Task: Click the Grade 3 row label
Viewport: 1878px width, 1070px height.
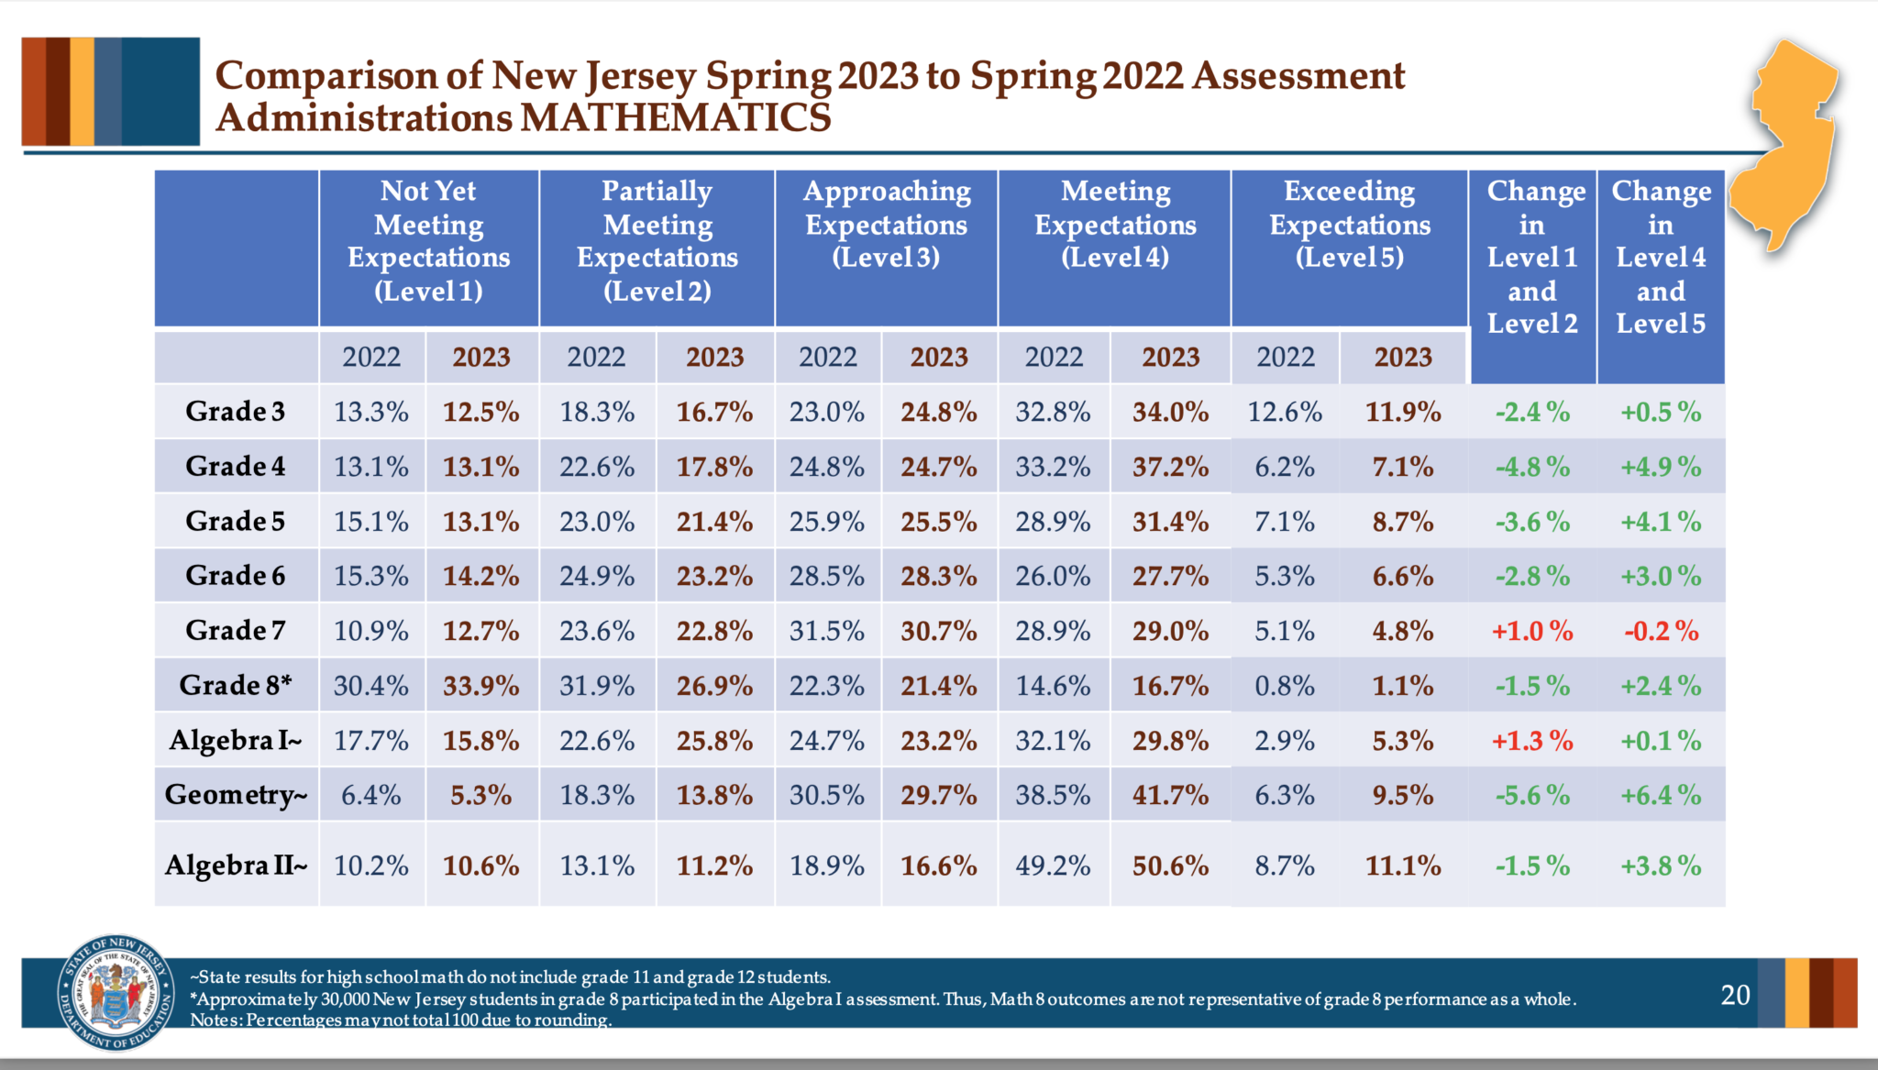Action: [x=235, y=411]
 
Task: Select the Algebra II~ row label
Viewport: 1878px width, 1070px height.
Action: [x=236, y=865]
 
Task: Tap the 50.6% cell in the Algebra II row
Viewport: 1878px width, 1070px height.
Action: [x=1170, y=866]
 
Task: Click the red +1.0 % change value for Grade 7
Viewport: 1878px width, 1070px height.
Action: [x=1531, y=631]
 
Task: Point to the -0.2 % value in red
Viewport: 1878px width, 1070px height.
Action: [x=1661, y=631]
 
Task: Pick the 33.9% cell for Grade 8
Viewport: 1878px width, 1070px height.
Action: [x=481, y=686]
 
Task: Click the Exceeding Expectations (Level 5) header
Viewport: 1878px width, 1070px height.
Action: [x=1349, y=224]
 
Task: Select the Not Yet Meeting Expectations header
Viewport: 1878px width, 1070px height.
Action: [x=428, y=240]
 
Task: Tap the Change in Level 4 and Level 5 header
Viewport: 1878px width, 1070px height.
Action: [x=1661, y=257]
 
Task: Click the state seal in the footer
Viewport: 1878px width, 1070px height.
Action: [x=116, y=993]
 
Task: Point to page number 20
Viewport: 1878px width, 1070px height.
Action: [x=1735, y=995]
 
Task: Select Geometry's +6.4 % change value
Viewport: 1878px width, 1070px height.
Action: [x=1661, y=795]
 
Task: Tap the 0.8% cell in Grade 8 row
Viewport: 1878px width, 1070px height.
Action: [x=1284, y=686]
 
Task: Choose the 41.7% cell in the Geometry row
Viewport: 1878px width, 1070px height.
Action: [x=1170, y=795]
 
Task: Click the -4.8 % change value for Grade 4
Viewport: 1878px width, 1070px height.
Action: [x=1531, y=467]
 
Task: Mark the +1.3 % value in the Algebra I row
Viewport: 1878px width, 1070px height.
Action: [x=1531, y=741]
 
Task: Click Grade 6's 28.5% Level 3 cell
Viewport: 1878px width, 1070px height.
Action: [x=826, y=576]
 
